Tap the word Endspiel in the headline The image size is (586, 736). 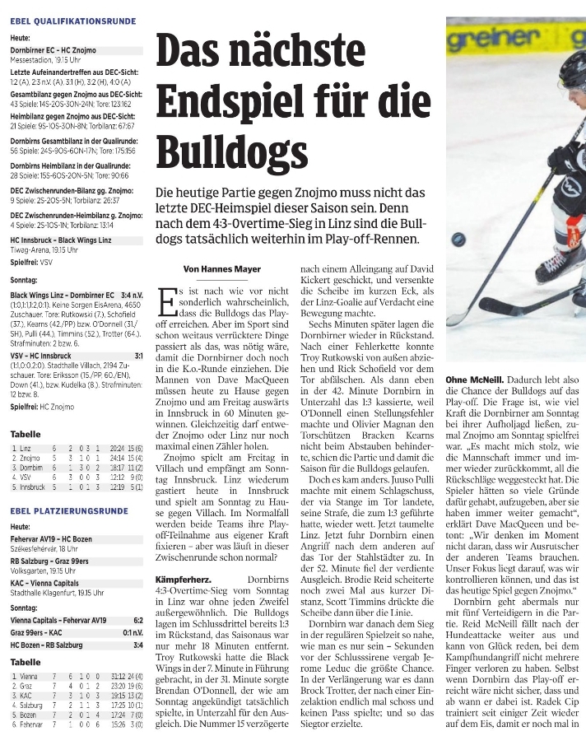click(x=244, y=101)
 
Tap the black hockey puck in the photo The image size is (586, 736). click(x=458, y=239)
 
